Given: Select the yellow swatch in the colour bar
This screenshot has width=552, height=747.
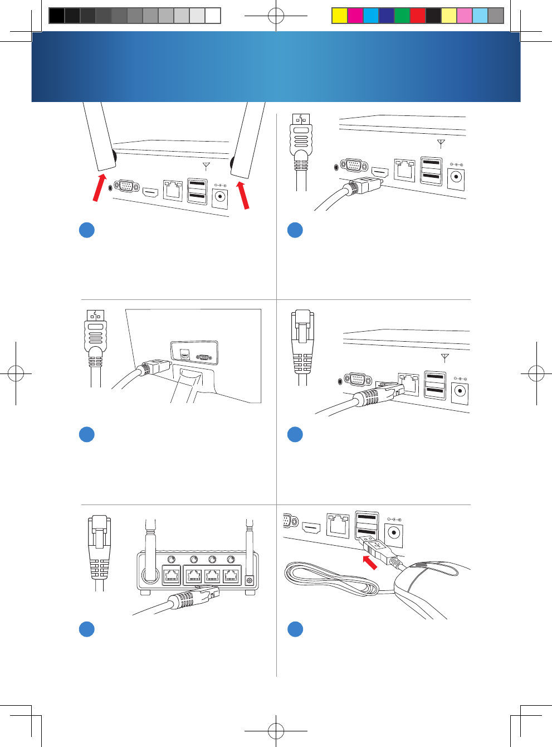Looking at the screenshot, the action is tap(339, 16).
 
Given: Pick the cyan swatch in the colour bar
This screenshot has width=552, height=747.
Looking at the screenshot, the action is tap(370, 16).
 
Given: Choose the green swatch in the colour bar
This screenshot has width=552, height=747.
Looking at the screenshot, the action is tap(402, 16).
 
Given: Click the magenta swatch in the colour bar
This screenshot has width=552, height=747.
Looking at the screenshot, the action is tap(355, 16).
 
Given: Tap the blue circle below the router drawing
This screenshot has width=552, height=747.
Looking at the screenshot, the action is tap(87, 629).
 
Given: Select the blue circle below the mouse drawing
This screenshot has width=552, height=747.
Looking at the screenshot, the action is tap(295, 629).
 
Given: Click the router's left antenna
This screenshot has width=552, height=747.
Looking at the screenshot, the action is tap(150, 552).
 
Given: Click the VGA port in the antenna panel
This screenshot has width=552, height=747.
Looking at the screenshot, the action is tap(126, 186).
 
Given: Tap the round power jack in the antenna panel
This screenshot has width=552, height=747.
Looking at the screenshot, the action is tap(221, 197).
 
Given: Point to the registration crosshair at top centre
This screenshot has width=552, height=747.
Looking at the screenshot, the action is tap(276, 16).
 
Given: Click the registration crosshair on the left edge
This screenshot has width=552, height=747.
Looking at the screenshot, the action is tap(16, 373).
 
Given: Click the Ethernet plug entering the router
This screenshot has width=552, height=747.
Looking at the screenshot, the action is tap(192, 598).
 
